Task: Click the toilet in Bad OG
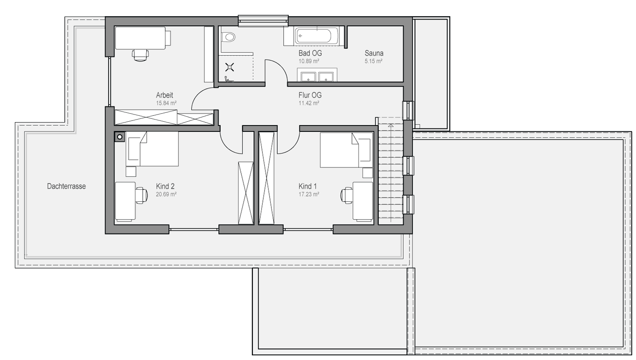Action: (x=228, y=37)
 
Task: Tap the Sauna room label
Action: (x=374, y=53)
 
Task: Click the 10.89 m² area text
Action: (x=309, y=61)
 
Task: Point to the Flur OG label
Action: (x=310, y=95)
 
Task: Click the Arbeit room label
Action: (x=165, y=95)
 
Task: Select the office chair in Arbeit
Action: (x=140, y=55)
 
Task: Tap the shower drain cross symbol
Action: (x=230, y=67)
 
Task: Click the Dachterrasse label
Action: (x=67, y=186)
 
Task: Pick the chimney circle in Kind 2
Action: (x=120, y=137)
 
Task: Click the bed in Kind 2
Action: (x=152, y=149)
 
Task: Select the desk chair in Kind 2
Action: (x=141, y=195)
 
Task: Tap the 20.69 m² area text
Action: (x=166, y=194)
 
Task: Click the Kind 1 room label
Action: (x=307, y=186)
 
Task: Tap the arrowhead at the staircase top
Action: (x=391, y=125)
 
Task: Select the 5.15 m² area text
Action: (x=374, y=61)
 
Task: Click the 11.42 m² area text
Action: (x=309, y=103)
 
